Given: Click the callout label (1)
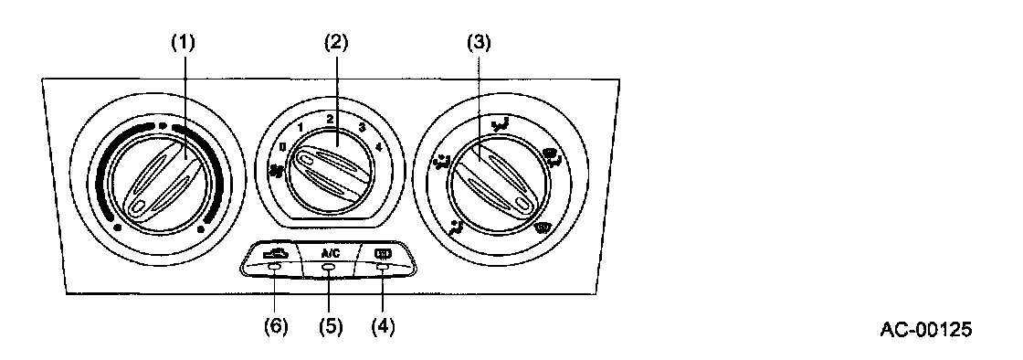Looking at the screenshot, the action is point(183,43).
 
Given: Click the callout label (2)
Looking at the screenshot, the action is point(337,43).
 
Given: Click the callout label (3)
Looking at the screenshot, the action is point(479,43).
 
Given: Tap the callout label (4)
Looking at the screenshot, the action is point(383,324).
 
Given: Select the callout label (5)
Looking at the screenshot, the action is point(330,324).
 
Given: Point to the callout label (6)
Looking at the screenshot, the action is point(276,324).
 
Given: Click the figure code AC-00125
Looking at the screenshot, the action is point(925,330).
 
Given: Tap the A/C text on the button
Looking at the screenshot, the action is point(330,253).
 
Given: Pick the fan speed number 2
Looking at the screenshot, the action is point(331,120).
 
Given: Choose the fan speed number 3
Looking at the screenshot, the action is point(362,127).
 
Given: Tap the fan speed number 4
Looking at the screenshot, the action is point(380,147).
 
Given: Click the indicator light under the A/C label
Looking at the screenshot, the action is point(329,268).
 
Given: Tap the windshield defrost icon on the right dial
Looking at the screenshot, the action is point(541,228).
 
